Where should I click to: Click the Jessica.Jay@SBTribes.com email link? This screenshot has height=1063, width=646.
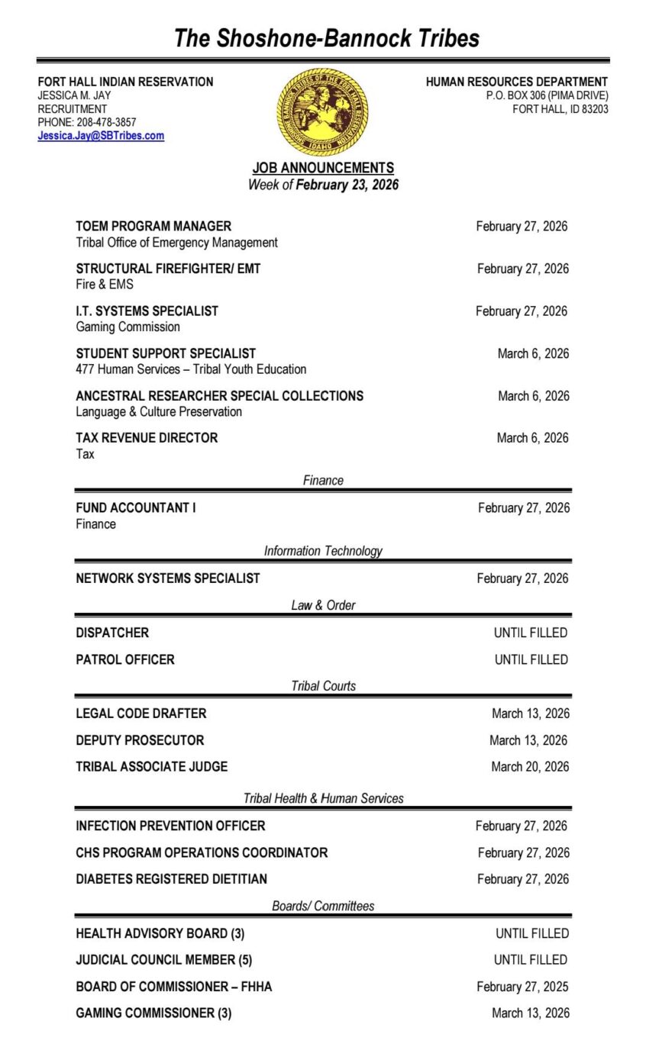(x=101, y=136)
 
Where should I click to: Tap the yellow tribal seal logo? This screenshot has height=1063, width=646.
(x=322, y=111)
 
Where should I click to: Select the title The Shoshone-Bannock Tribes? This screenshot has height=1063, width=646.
(x=326, y=38)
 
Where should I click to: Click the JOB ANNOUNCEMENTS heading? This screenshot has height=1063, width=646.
(x=323, y=168)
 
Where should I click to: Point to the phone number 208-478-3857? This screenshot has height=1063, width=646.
(x=106, y=122)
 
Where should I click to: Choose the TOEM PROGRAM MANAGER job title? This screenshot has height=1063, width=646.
(x=153, y=227)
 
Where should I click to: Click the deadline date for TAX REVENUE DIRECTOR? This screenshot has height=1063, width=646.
(x=532, y=438)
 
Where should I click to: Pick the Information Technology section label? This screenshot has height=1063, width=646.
(x=323, y=551)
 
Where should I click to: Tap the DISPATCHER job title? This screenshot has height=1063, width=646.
(x=112, y=633)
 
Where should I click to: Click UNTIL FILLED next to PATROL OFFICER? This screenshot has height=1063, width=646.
(x=531, y=659)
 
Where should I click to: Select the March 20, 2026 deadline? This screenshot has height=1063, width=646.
(x=530, y=767)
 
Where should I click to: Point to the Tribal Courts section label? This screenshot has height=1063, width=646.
(x=323, y=686)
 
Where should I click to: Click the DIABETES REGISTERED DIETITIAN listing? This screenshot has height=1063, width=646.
(x=171, y=879)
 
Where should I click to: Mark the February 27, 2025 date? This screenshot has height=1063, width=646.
(x=522, y=987)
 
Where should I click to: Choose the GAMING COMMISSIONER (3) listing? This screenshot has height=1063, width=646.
(x=153, y=1013)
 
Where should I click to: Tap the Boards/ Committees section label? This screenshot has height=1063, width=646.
(x=323, y=907)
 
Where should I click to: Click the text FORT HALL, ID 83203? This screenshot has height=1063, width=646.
(x=560, y=109)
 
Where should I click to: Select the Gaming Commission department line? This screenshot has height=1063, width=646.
(x=128, y=327)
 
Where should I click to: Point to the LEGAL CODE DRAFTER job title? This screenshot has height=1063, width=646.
(x=141, y=713)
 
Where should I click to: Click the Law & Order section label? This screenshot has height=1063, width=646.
(x=323, y=605)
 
